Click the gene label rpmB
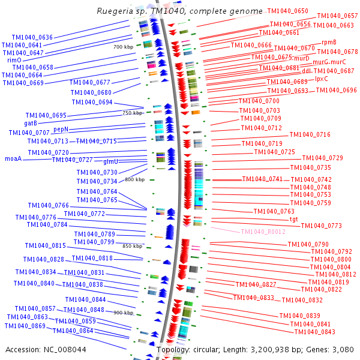(x=329, y=42)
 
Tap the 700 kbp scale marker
(x=122, y=47)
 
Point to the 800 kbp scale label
(x=134, y=179)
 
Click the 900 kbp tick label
(x=123, y=313)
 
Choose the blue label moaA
(x=13, y=159)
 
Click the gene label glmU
(x=110, y=162)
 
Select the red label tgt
(x=293, y=219)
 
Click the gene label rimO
(x=14, y=60)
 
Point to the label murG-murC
(x=329, y=62)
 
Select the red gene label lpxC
(x=321, y=78)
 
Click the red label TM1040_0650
(x=287, y=11)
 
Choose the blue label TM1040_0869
(x=25, y=326)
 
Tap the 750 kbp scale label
(x=133, y=113)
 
